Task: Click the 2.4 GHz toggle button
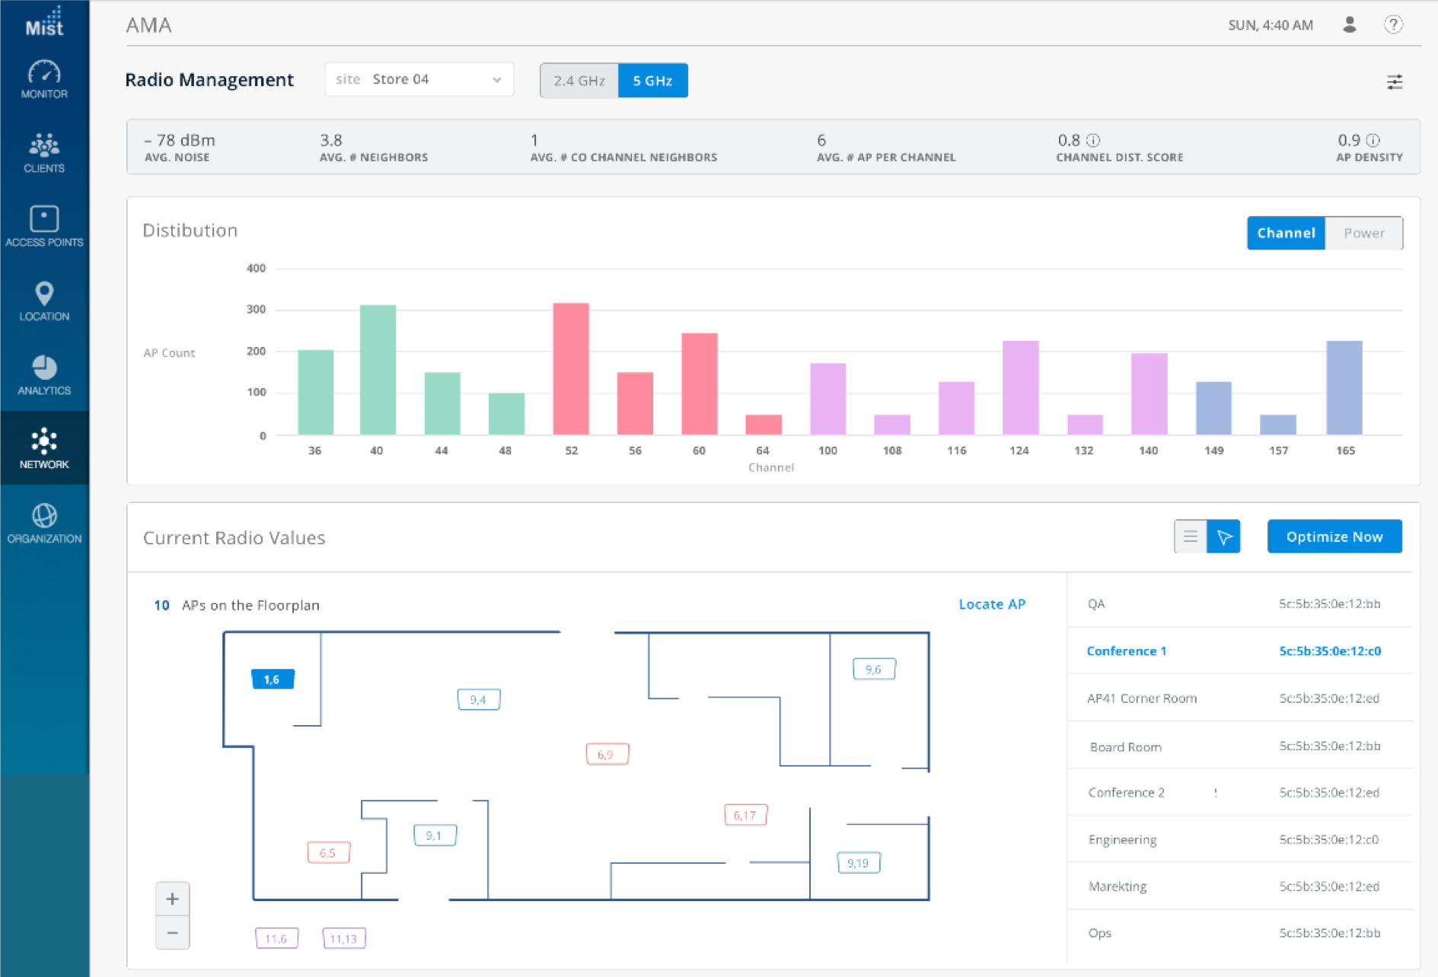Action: [579, 81]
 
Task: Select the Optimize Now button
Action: [1334, 536]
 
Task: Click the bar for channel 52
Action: [571, 369]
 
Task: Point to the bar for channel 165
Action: [1344, 388]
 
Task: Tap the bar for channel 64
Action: [763, 425]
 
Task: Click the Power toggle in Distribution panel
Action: [1363, 233]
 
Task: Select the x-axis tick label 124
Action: [1019, 450]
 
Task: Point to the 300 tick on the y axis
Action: [256, 309]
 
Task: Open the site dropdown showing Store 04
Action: [419, 80]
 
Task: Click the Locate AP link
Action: [991, 604]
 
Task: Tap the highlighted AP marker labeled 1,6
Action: [273, 679]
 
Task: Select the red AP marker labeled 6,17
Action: [745, 815]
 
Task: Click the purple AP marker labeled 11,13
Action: [344, 938]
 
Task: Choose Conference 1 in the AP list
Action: [1126, 651]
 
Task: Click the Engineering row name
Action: [1122, 839]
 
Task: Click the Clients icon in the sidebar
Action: [44, 152]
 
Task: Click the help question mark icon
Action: [1392, 25]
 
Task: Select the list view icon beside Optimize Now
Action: [1190, 536]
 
